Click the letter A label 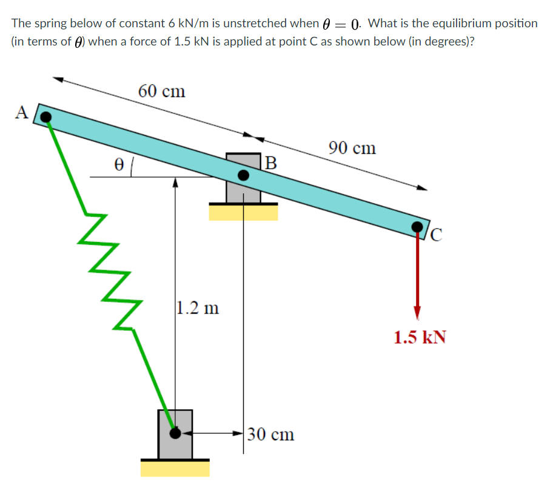coord(22,112)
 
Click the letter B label coord(270,162)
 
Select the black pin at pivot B coord(243,175)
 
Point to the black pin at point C coord(417,227)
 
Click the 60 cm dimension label coord(161,92)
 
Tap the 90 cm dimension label coord(352,147)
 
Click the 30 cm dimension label coord(271,434)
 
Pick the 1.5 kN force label coord(420,337)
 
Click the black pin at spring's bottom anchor coord(175,433)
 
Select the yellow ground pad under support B coord(243,212)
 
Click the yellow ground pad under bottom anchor coord(175,469)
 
